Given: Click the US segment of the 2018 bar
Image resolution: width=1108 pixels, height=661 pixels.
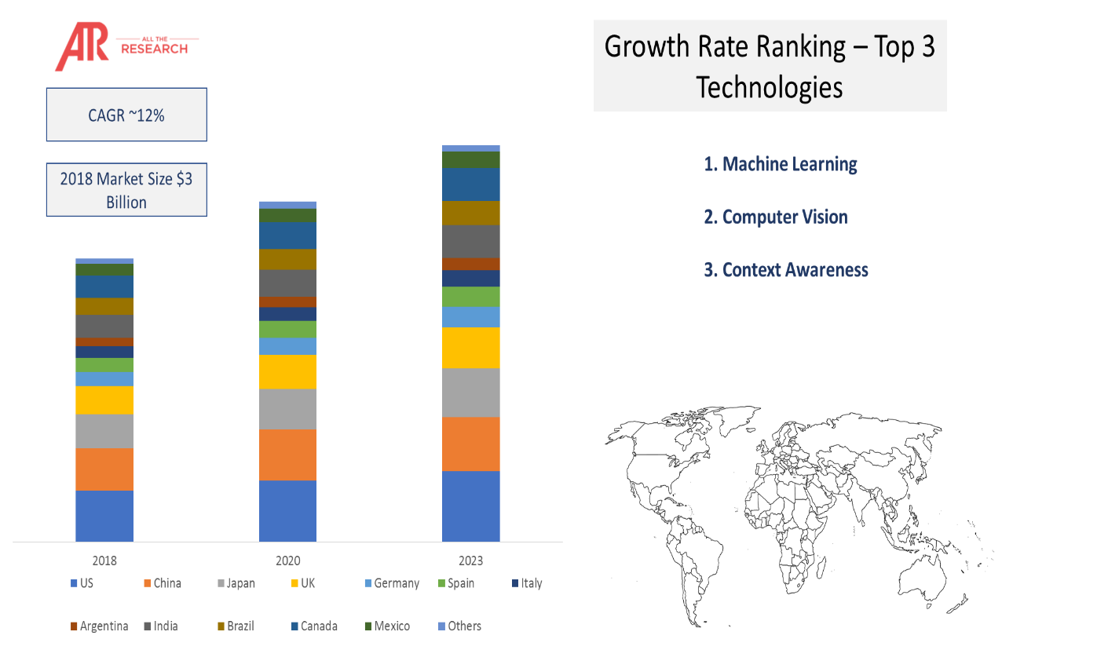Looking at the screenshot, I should (104, 516).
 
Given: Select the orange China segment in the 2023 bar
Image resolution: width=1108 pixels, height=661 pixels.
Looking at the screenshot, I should (471, 444).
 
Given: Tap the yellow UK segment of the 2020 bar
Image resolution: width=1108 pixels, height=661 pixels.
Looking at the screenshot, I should (287, 371).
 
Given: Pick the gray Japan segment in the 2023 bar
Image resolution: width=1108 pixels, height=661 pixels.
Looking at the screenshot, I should (471, 393).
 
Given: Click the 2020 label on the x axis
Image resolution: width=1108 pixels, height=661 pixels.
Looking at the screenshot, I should (287, 561).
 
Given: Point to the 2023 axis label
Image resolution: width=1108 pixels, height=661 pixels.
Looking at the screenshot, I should (470, 561).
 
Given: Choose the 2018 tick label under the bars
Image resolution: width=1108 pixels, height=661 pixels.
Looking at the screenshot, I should (104, 561).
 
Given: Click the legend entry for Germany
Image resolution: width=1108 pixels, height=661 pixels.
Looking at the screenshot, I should (392, 583).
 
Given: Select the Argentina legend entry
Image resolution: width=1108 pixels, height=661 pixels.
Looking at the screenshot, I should (100, 626).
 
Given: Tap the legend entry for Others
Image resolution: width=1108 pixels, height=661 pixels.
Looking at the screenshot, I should (460, 626).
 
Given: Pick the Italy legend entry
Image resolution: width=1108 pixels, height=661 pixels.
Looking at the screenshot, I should (528, 583).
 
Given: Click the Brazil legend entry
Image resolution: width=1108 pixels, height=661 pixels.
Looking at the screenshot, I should (236, 626).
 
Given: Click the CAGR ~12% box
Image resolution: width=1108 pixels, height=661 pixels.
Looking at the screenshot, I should (126, 115).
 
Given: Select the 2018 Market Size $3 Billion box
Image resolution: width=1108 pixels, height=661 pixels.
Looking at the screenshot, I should (126, 190).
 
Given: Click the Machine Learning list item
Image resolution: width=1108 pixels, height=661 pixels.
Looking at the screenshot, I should (781, 164).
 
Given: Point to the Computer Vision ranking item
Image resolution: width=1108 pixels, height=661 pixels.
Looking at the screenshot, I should (776, 217).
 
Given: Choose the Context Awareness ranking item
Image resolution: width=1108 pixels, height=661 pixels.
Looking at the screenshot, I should (786, 270).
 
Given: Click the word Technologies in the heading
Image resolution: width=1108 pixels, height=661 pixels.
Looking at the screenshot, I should (770, 87).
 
